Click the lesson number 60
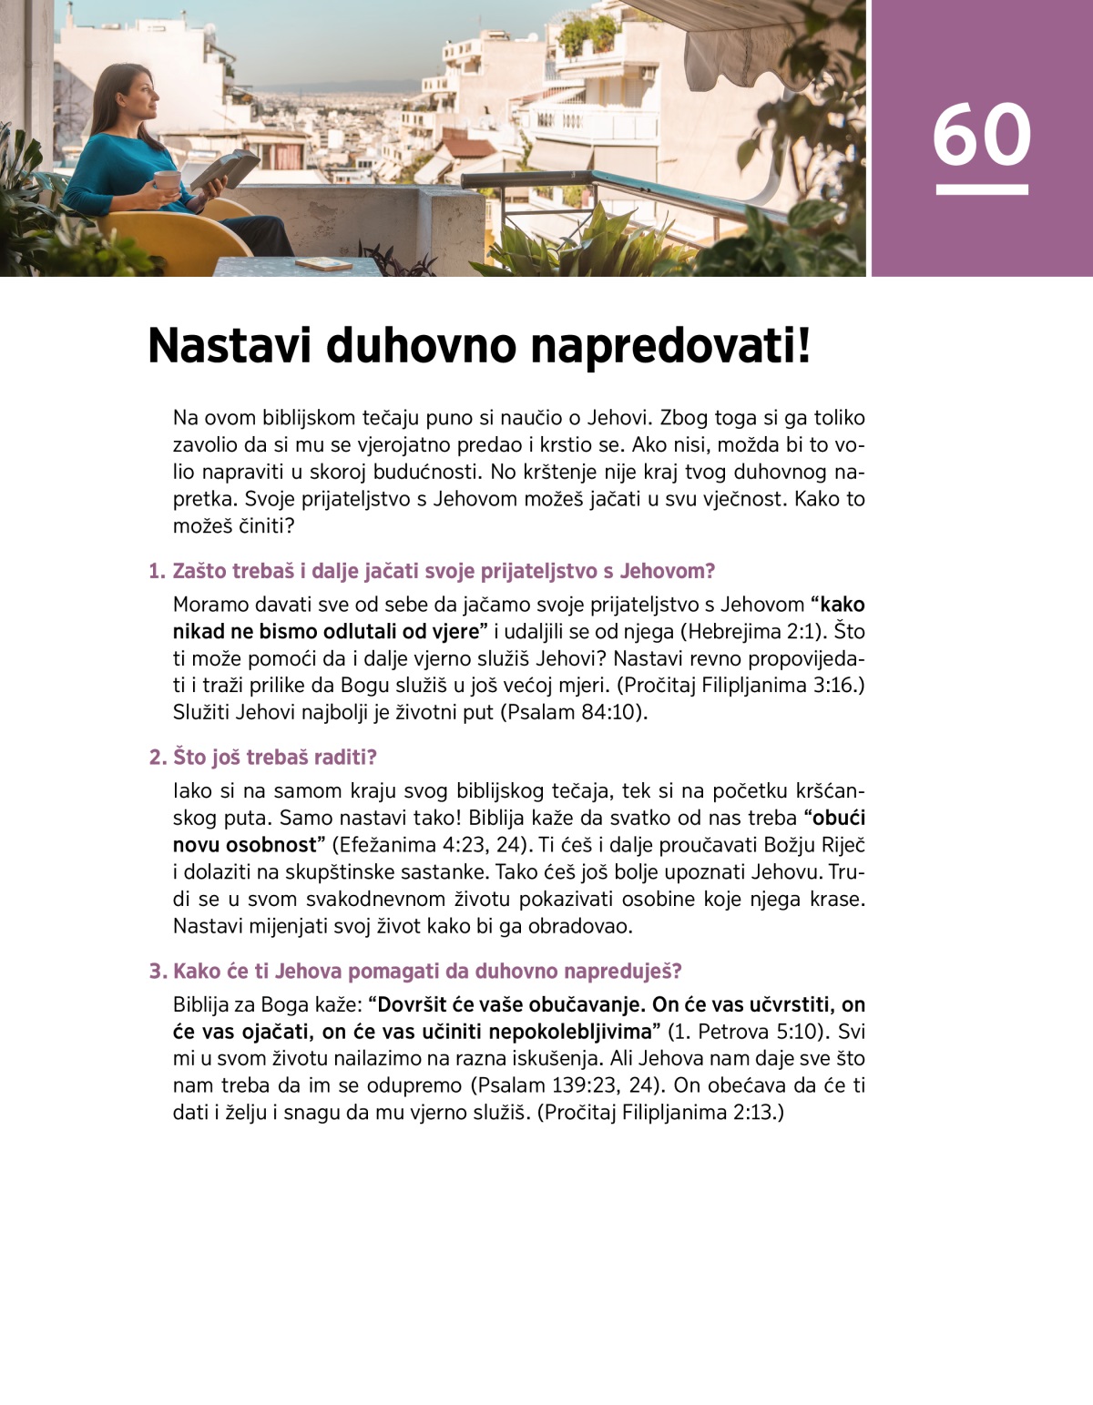pos(981,135)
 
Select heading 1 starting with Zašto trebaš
pos(432,571)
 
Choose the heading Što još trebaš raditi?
pos(262,757)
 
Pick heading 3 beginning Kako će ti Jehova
pos(415,971)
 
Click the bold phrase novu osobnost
pos(244,844)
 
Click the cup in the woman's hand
pos(168,181)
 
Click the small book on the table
pos(323,264)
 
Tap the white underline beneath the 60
pos(981,189)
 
